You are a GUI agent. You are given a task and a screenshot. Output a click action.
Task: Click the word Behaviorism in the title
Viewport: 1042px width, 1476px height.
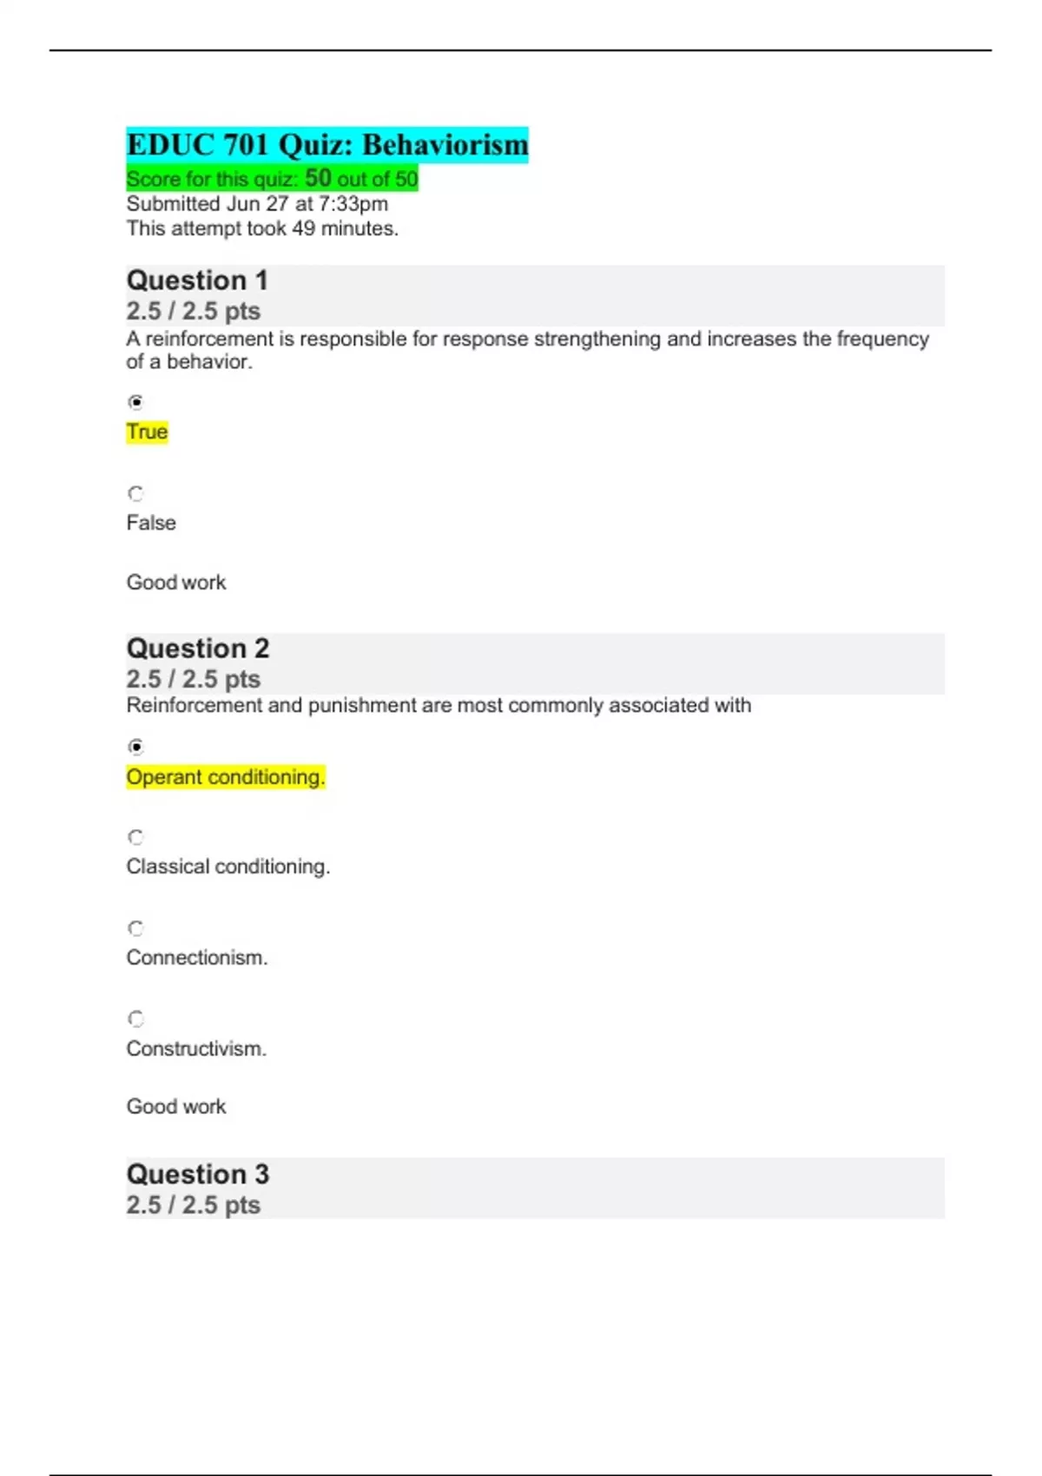click(x=445, y=145)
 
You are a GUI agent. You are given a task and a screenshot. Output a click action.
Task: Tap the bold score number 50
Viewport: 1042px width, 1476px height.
click(x=318, y=178)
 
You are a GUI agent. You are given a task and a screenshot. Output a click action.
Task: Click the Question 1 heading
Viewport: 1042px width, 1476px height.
click(x=197, y=280)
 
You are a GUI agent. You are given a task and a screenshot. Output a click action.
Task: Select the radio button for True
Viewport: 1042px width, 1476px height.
click(x=135, y=402)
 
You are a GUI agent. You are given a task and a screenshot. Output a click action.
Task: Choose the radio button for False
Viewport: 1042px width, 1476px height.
click(x=135, y=493)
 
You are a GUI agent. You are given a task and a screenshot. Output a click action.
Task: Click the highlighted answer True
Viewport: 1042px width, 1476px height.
click(x=147, y=432)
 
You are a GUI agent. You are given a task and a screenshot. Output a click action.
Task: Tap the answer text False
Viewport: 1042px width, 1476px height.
click(x=151, y=523)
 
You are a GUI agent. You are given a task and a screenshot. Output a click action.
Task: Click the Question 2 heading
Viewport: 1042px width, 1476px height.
click(x=198, y=649)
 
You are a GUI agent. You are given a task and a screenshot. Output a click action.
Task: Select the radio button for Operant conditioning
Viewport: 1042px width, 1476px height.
click(x=135, y=747)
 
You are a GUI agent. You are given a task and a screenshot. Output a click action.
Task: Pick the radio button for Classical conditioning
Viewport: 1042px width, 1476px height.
click(x=135, y=837)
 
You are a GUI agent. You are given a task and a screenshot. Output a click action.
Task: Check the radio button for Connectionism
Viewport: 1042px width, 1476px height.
click(x=135, y=928)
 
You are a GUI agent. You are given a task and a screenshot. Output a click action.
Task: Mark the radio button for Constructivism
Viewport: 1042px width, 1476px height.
click(x=135, y=1018)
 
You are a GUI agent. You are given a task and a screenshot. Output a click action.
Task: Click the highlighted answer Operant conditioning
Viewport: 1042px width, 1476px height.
click(x=225, y=777)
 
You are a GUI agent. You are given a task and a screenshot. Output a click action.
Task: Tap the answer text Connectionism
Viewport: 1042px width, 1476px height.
click(x=197, y=958)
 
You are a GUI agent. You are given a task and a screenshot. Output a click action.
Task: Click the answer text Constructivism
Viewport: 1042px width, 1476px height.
click(x=196, y=1049)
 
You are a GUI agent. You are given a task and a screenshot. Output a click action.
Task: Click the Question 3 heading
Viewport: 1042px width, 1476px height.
click(x=198, y=1174)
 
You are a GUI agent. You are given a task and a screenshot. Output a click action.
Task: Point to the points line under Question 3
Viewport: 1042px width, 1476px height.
click(x=193, y=1205)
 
